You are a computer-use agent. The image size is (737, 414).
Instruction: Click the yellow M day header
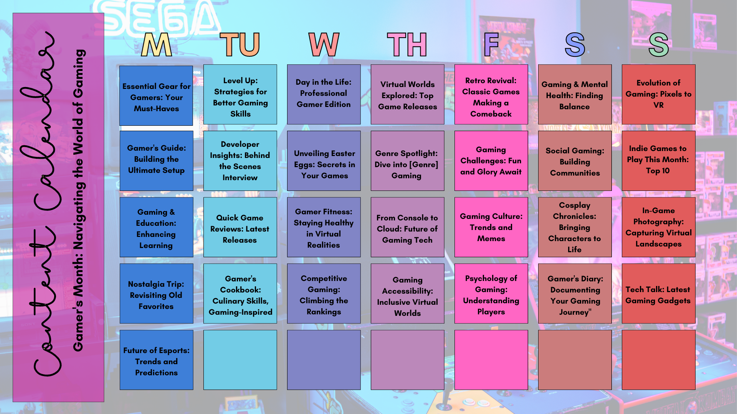click(156, 44)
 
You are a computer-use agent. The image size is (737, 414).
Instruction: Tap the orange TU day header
click(240, 44)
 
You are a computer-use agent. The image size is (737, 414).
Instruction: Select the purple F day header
click(491, 44)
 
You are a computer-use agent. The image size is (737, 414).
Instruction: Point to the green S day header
click(659, 44)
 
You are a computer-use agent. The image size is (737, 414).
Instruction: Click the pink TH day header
click(407, 44)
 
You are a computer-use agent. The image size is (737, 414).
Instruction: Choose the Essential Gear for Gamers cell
click(156, 95)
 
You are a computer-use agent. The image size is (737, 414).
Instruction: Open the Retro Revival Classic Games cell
click(491, 94)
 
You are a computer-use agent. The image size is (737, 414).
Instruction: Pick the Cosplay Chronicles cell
click(575, 227)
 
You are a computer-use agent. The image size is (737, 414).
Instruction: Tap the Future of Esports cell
click(156, 360)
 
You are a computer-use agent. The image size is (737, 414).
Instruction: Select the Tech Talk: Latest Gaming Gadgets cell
click(658, 293)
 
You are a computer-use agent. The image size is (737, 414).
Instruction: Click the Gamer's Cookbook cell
click(240, 293)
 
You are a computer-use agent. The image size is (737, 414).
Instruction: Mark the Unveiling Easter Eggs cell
click(324, 161)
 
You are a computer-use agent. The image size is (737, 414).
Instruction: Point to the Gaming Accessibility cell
click(407, 293)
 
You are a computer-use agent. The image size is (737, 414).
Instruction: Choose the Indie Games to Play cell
click(658, 161)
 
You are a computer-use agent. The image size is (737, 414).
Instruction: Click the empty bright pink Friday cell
click(491, 360)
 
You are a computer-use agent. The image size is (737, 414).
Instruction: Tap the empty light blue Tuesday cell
click(240, 360)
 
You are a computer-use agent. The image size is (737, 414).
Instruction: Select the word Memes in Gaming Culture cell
click(491, 238)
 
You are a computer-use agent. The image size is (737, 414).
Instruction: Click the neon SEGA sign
click(161, 17)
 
